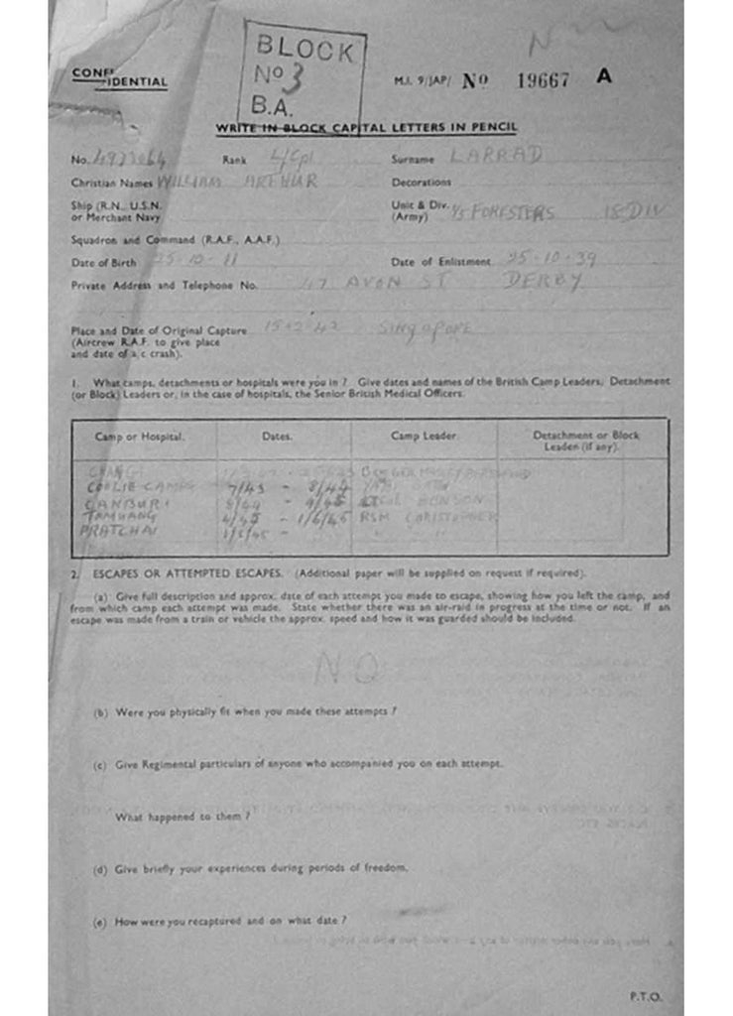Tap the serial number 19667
coord(543,80)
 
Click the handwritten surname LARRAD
coord(496,156)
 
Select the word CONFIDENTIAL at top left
coord(120,79)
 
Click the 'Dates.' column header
coord(277,437)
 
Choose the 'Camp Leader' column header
coord(425,437)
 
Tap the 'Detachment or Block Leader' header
coord(585,441)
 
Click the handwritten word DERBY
coord(540,282)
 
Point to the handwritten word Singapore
coord(434,328)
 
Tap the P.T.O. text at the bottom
coord(645,996)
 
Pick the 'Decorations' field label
coord(421,183)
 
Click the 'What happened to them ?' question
coord(182,817)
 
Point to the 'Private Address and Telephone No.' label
coord(164,286)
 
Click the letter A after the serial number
coord(604,76)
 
